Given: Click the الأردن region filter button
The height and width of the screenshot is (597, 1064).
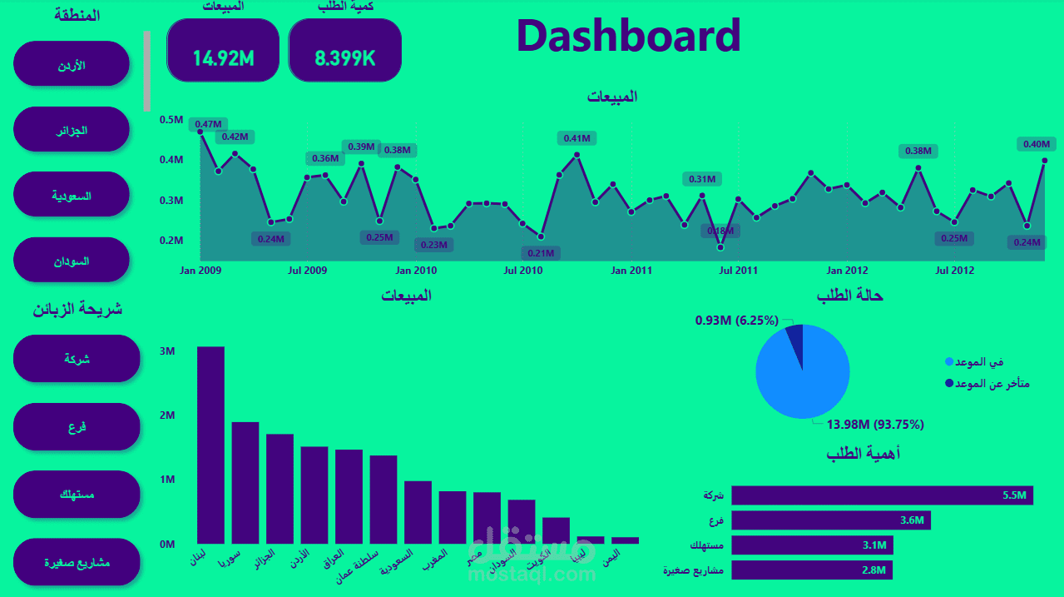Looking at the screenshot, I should tap(72, 64).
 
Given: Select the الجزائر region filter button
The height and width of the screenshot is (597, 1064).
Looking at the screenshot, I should tap(72, 130).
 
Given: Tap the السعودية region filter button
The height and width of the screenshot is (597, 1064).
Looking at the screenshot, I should tap(72, 196).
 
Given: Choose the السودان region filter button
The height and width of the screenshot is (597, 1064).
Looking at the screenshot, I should tap(72, 261).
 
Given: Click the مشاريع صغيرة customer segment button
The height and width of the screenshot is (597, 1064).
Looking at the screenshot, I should tap(77, 562).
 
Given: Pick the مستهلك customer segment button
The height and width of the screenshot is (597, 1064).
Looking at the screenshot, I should tap(77, 495).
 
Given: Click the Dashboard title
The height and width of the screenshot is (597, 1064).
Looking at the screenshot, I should tap(628, 36).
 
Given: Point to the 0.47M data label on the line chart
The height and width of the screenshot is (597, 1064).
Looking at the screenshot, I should tap(208, 125).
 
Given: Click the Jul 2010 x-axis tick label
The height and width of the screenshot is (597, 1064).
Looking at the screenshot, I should tap(522, 271).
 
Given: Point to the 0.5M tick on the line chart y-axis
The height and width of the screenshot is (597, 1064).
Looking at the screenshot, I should tap(171, 120).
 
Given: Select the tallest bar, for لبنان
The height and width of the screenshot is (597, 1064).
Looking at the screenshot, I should tap(210, 445).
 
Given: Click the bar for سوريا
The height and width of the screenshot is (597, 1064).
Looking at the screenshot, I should tap(245, 483).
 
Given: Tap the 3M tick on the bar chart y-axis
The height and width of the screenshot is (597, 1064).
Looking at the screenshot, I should tap(166, 351).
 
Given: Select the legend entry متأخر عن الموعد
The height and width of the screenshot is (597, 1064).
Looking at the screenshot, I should tap(990, 384).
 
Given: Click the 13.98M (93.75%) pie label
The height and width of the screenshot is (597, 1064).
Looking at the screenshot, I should tap(874, 425).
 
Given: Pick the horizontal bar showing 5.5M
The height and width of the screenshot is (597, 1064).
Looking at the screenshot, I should tap(882, 495).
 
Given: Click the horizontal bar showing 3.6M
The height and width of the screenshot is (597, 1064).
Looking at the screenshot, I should tap(830, 520).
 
